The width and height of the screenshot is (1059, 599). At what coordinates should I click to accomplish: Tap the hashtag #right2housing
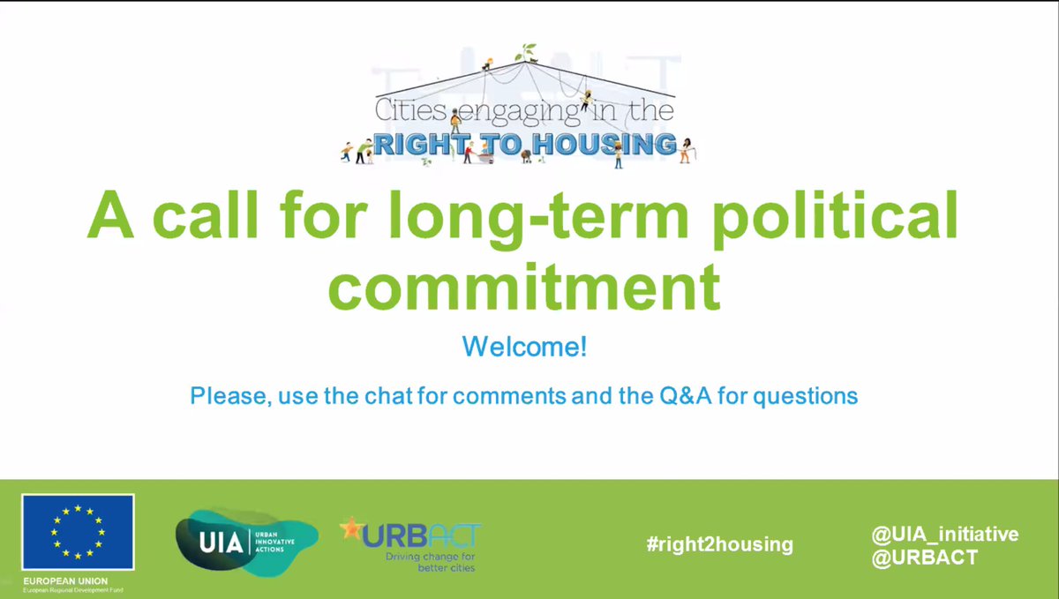pos(719,544)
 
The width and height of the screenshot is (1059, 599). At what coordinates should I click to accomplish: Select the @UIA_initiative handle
pos(943,534)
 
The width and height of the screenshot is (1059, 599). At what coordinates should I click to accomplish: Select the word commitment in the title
pos(523,286)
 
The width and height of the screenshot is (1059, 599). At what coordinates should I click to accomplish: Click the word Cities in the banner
pos(411,112)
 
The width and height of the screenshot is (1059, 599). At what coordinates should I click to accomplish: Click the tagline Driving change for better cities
pos(430,562)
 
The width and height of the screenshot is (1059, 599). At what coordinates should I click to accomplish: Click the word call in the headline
pos(214,217)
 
